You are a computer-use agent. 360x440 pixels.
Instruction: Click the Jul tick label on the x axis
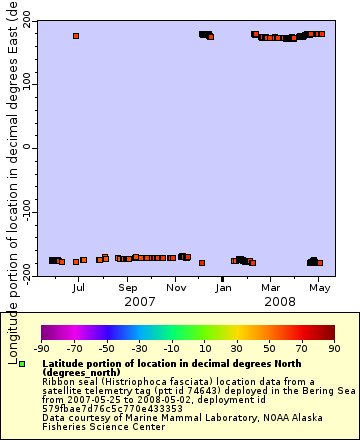point(78,287)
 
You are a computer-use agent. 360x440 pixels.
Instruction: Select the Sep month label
point(127,287)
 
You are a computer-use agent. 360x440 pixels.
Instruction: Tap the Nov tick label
point(176,287)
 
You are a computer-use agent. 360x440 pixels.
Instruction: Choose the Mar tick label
point(271,287)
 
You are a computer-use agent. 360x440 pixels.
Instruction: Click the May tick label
point(319,287)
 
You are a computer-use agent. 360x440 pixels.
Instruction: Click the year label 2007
point(139,301)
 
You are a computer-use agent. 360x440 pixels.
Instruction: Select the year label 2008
point(280,301)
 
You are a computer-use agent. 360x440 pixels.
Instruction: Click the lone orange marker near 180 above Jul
point(76,36)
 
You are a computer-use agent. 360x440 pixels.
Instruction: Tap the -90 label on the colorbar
point(42,348)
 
